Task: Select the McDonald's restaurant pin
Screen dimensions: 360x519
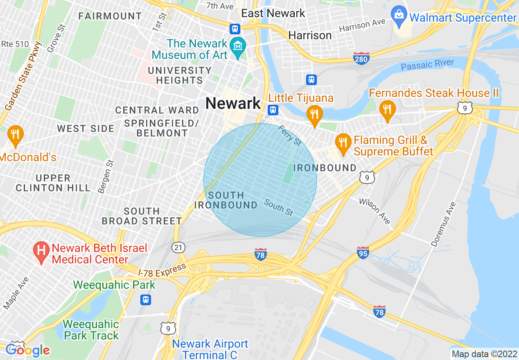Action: (x=15, y=135)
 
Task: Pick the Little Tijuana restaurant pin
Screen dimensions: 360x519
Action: (x=314, y=115)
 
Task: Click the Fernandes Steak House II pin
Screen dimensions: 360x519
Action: (x=387, y=110)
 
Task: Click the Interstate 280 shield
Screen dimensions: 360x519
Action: (x=361, y=59)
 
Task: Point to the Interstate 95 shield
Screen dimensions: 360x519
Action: (x=363, y=252)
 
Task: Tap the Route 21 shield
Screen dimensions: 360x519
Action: (x=179, y=247)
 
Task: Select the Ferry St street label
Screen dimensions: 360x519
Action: (x=290, y=135)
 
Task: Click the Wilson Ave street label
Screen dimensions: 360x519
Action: (x=375, y=211)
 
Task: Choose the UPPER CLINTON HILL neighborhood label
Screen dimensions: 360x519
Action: (x=53, y=183)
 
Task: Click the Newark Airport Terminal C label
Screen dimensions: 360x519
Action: (x=210, y=349)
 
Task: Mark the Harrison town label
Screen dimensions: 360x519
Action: (x=310, y=35)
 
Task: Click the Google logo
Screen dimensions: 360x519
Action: (x=27, y=350)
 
